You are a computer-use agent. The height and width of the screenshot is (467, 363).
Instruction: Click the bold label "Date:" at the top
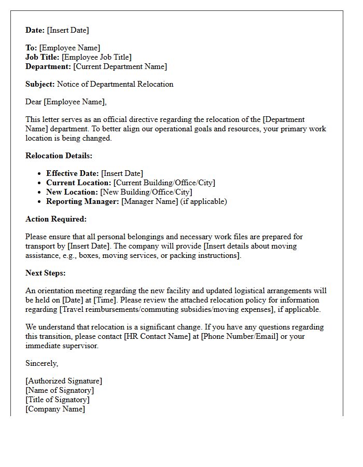point(35,30)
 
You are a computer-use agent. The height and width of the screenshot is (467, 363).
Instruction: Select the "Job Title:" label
point(42,57)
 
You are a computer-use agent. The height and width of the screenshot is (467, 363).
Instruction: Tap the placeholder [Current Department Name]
point(120,66)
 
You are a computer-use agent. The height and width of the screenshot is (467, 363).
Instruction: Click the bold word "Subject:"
point(40,84)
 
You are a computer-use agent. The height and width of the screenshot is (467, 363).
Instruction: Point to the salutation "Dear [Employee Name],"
point(66,102)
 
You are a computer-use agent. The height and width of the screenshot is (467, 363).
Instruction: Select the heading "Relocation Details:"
point(59,156)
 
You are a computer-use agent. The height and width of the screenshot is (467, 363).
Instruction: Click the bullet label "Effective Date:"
point(73,173)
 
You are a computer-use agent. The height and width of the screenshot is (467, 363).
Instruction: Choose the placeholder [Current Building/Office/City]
point(164,183)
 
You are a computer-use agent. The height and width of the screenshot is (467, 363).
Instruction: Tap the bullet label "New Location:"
point(72,192)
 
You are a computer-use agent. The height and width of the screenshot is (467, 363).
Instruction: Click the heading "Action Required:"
point(56,219)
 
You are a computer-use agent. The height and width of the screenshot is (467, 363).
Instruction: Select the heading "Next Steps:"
point(46,273)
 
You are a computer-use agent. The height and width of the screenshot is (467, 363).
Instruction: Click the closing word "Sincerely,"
point(42,363)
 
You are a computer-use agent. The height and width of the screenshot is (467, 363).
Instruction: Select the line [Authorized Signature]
point(64,381)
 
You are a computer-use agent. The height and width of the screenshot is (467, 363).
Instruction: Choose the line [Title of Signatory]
point(58,400)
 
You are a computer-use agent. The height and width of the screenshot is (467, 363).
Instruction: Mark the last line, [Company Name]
point(55,409)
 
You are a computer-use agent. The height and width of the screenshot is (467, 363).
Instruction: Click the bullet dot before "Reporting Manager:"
point(40,201)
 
